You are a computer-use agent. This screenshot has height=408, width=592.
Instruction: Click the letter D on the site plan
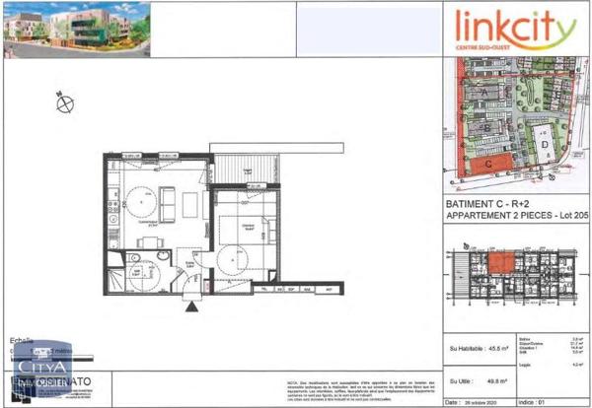pos(545,143)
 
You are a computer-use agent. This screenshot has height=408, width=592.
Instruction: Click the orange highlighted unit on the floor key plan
pos(501,262)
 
